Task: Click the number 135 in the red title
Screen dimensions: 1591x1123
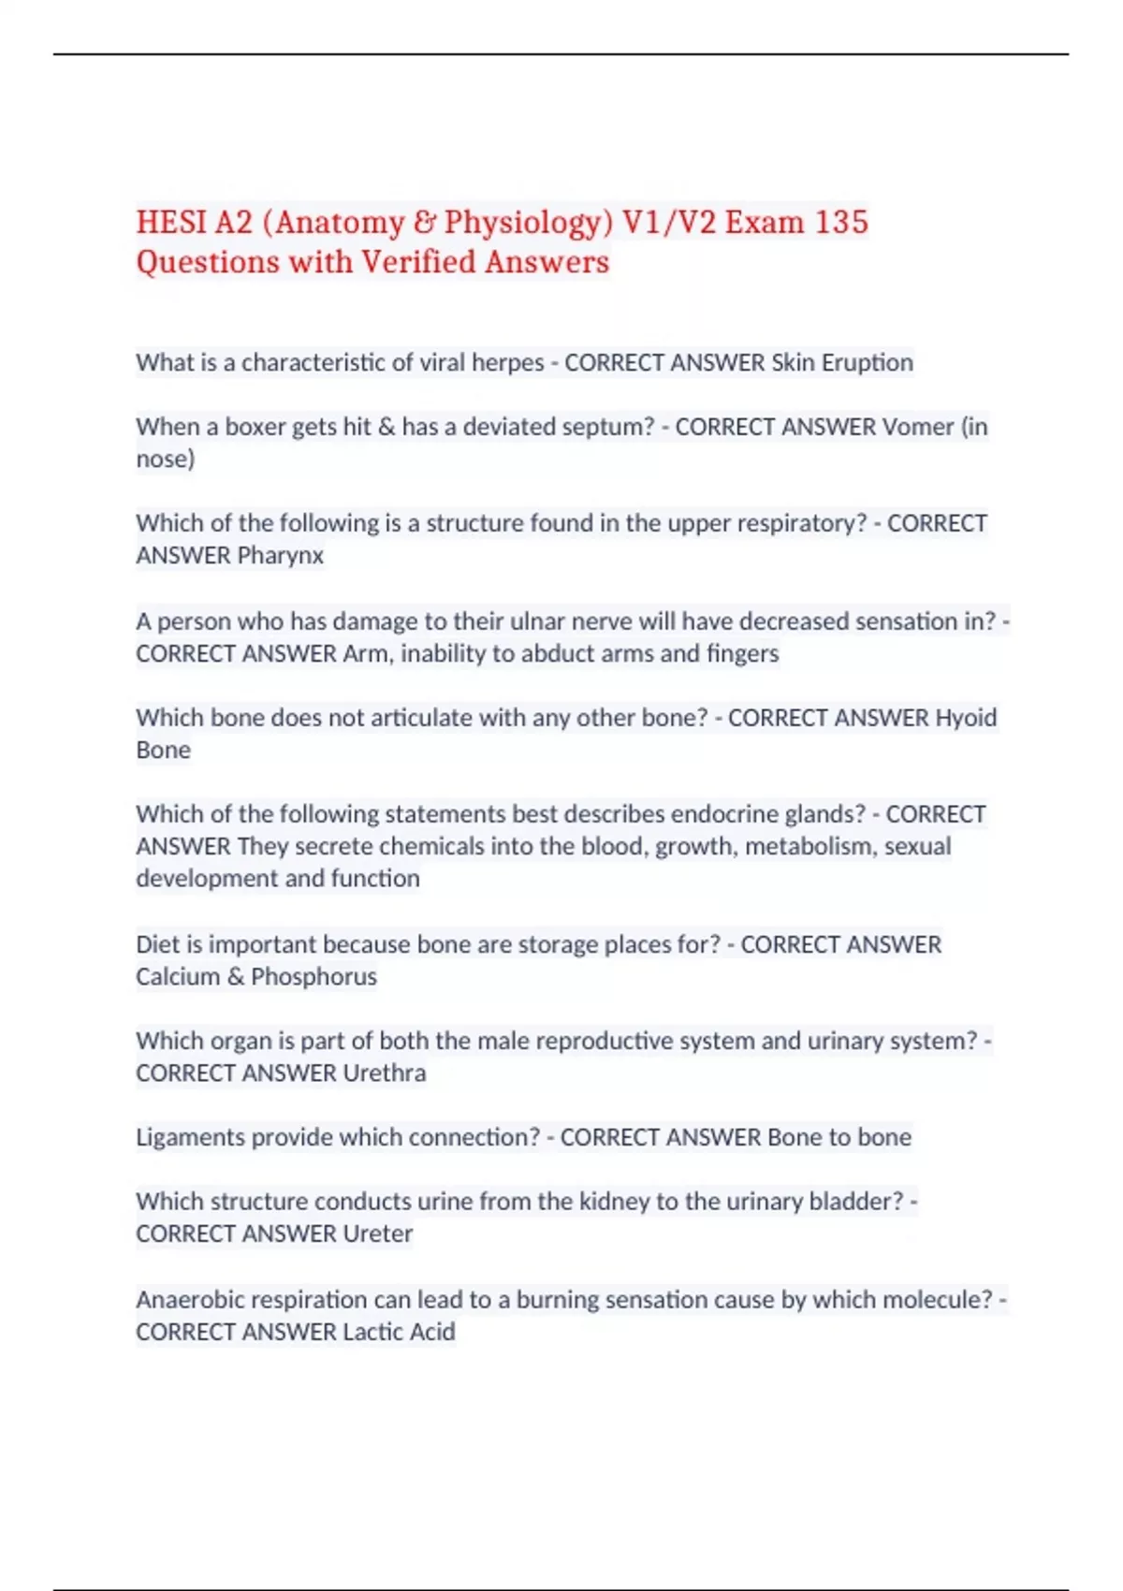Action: tap(841, 222)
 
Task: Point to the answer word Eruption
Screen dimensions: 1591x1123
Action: tap(868, 362)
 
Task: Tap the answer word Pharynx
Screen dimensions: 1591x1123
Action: tap(281, 555)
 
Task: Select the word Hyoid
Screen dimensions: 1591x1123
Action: tap(967, 718)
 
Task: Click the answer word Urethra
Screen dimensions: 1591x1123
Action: tap(384, 1073)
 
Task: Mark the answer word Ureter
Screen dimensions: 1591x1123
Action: tap(377, 1233)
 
